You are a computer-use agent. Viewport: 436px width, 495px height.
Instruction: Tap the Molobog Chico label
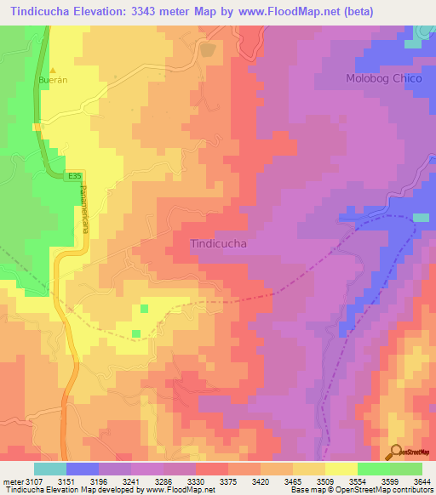click(x=381, y=78)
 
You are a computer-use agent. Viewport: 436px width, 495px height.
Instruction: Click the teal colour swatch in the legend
click(x=49, y=469)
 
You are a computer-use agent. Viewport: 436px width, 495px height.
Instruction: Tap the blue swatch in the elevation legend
click(x=82, y=469)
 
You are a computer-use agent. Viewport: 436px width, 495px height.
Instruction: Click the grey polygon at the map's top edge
click(x=207, y=50)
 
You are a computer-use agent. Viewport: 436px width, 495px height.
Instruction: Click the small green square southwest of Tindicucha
click(x=144, y=308)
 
